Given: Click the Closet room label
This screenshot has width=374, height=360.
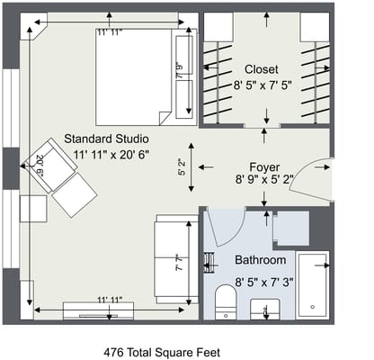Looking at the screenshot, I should coord(262,68).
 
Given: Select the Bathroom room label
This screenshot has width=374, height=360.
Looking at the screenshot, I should coord(261,260).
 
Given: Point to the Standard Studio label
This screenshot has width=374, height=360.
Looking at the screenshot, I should coord(106,139).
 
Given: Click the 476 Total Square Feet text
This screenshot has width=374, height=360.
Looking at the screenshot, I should coord(162,352).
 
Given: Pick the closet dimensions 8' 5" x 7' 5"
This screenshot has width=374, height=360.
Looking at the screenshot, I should coord(262,85).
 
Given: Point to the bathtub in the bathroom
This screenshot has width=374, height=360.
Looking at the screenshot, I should coord(312,286).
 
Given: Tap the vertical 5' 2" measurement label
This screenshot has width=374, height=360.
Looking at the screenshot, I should coord(183,166).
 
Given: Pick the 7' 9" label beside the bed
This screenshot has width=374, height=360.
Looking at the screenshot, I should coord(181,69).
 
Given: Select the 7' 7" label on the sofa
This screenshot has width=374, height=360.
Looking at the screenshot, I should coord(180,265).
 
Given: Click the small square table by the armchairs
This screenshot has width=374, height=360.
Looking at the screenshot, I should coord(33,208).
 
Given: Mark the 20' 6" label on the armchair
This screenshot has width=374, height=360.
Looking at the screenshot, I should coord(40,163).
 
